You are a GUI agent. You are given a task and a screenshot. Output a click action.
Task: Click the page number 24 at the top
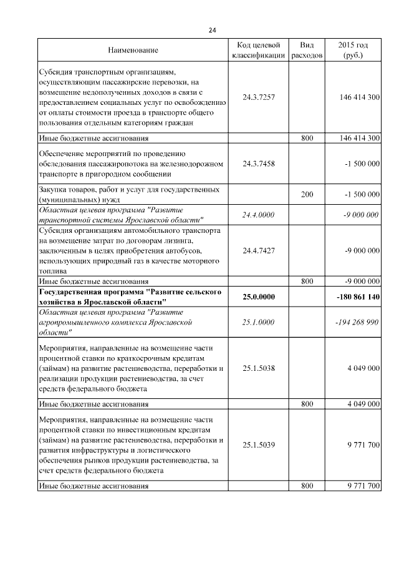point(212,29)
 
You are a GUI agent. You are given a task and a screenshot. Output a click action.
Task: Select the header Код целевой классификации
point(258,50)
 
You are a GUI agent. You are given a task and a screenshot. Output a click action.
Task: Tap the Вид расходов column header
point(307,50)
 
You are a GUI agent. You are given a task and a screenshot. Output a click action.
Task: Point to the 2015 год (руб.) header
point(353,50)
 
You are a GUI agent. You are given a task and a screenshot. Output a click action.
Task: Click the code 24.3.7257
point(258,97)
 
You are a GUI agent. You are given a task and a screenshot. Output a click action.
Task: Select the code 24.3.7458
point(258,164)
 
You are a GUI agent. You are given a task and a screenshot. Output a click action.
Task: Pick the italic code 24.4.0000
point(258,215)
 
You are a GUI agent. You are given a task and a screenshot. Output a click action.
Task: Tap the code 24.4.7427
point(258,250)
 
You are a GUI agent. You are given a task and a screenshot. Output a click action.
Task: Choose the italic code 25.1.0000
point(258,322)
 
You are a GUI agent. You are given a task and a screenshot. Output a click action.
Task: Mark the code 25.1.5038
point(258,368)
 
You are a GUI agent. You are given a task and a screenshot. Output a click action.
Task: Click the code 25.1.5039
point(258,445)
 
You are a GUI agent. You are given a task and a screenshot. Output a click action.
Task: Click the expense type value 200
point(307,195)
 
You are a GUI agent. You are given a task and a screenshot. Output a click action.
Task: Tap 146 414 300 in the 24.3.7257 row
point(357,97)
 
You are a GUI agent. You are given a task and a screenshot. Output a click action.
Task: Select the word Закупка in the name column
point(53,189)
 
